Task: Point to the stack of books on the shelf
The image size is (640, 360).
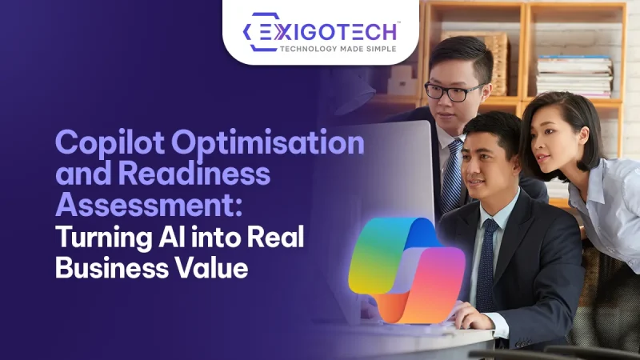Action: tap(571, 76)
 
